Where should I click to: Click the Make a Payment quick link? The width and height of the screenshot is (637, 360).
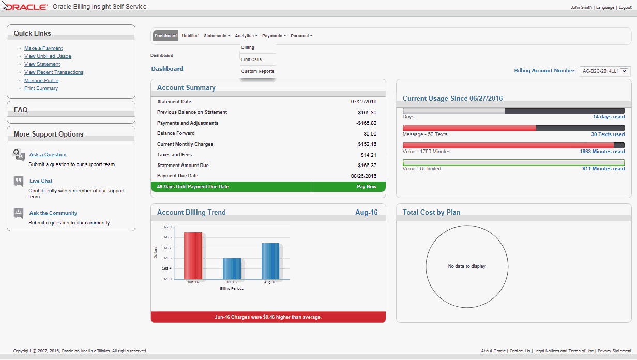pos(43,48)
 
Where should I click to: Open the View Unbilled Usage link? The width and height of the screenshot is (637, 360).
pos(48,56)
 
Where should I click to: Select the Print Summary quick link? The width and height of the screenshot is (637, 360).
pos(41,88)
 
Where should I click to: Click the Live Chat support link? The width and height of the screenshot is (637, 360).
pos(41,181)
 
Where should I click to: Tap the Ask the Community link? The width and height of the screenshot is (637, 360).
pos(53,213)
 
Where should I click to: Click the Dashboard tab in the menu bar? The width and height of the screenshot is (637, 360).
pos(165,36)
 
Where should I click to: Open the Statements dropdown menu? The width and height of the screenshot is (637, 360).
pos(217,36)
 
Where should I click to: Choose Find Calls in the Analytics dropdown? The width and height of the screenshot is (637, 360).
pos(251,59)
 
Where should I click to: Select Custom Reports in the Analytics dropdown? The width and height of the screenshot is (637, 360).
pos(257,71)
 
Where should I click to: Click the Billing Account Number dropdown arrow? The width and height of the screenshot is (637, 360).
pos(624,71)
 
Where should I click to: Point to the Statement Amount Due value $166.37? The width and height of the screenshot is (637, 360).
pos(367,166)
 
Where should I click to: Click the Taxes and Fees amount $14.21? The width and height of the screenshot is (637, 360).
pos(369,155)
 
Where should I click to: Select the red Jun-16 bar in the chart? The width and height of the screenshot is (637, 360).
pos(193,256)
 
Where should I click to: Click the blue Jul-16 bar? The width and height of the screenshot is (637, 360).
pos(232,268)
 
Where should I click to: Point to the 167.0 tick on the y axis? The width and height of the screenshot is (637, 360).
pos(166,227)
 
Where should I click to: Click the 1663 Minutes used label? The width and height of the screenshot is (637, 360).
pos(602,152)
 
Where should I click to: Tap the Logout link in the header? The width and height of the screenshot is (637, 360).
pos(625,8)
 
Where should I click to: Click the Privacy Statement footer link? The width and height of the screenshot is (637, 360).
pos(614,351)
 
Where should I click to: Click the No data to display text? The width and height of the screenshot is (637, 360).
pos(466,266)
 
